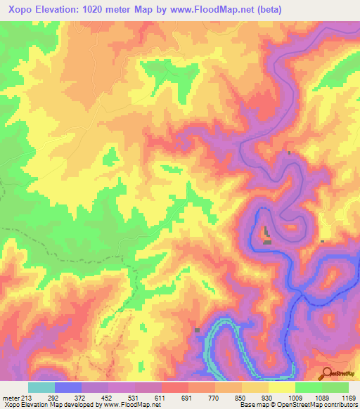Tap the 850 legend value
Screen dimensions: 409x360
(241, 397)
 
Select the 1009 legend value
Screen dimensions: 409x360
(294, 397)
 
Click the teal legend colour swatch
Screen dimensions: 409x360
(41, 387)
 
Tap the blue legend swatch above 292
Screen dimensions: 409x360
(68, 387)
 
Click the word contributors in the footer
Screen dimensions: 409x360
(337, 405)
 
